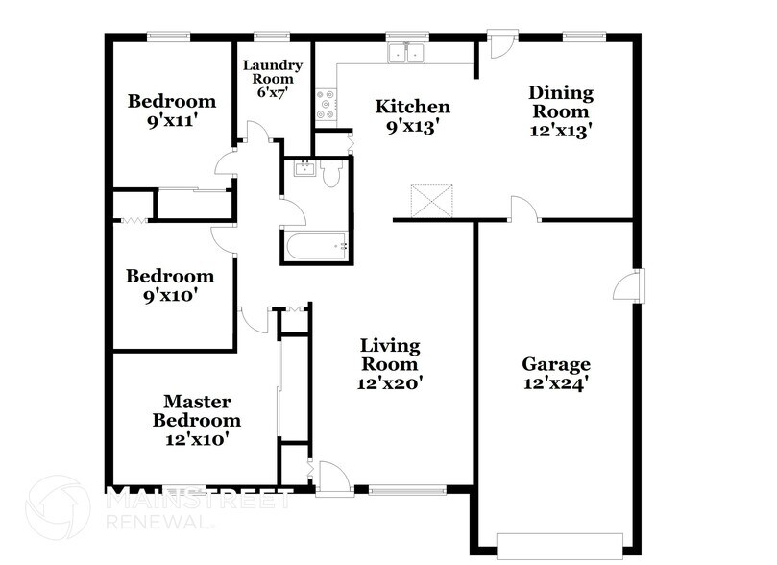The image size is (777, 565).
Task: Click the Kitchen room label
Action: click(x=412, y=106)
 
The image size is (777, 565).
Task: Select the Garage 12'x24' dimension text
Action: click(x=556, y=382)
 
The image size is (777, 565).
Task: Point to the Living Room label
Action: click(x=389, y=355)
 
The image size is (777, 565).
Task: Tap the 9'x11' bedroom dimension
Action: click(x=172, y=122)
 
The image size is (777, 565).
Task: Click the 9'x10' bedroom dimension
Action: click(x=169, y=296)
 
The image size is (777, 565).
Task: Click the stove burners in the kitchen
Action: click(x=325, y=104)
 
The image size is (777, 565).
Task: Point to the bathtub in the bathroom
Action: click(x=316, y=246)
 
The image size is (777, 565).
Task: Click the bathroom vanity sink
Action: click(x=304, y=170)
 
